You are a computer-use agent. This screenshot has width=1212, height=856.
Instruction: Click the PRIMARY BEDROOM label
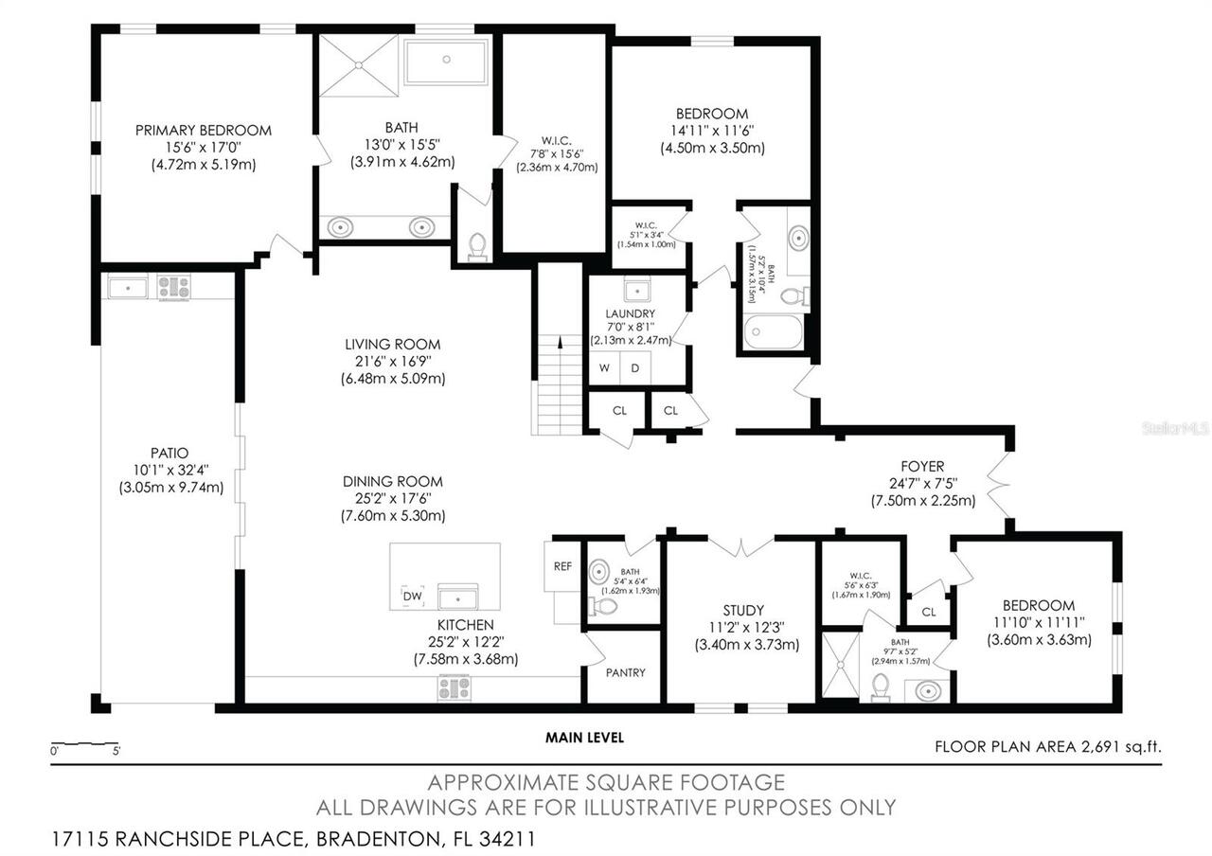203,131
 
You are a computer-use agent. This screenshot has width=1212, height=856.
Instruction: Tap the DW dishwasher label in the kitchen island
412,597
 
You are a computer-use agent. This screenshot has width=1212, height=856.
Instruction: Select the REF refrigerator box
562,566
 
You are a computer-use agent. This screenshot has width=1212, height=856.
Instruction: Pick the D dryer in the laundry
636,367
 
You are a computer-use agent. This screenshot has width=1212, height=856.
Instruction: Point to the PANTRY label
625,672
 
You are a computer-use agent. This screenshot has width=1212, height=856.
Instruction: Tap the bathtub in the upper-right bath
774,332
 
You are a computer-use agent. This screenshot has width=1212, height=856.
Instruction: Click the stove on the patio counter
174,286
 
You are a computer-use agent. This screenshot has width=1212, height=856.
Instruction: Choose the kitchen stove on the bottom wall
454,687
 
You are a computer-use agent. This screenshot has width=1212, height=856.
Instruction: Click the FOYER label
922,466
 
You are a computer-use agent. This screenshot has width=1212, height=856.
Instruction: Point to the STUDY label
742,611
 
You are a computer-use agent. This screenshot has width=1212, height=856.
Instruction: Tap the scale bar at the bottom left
85,743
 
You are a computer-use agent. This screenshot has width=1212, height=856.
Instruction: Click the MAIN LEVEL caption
584,738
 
